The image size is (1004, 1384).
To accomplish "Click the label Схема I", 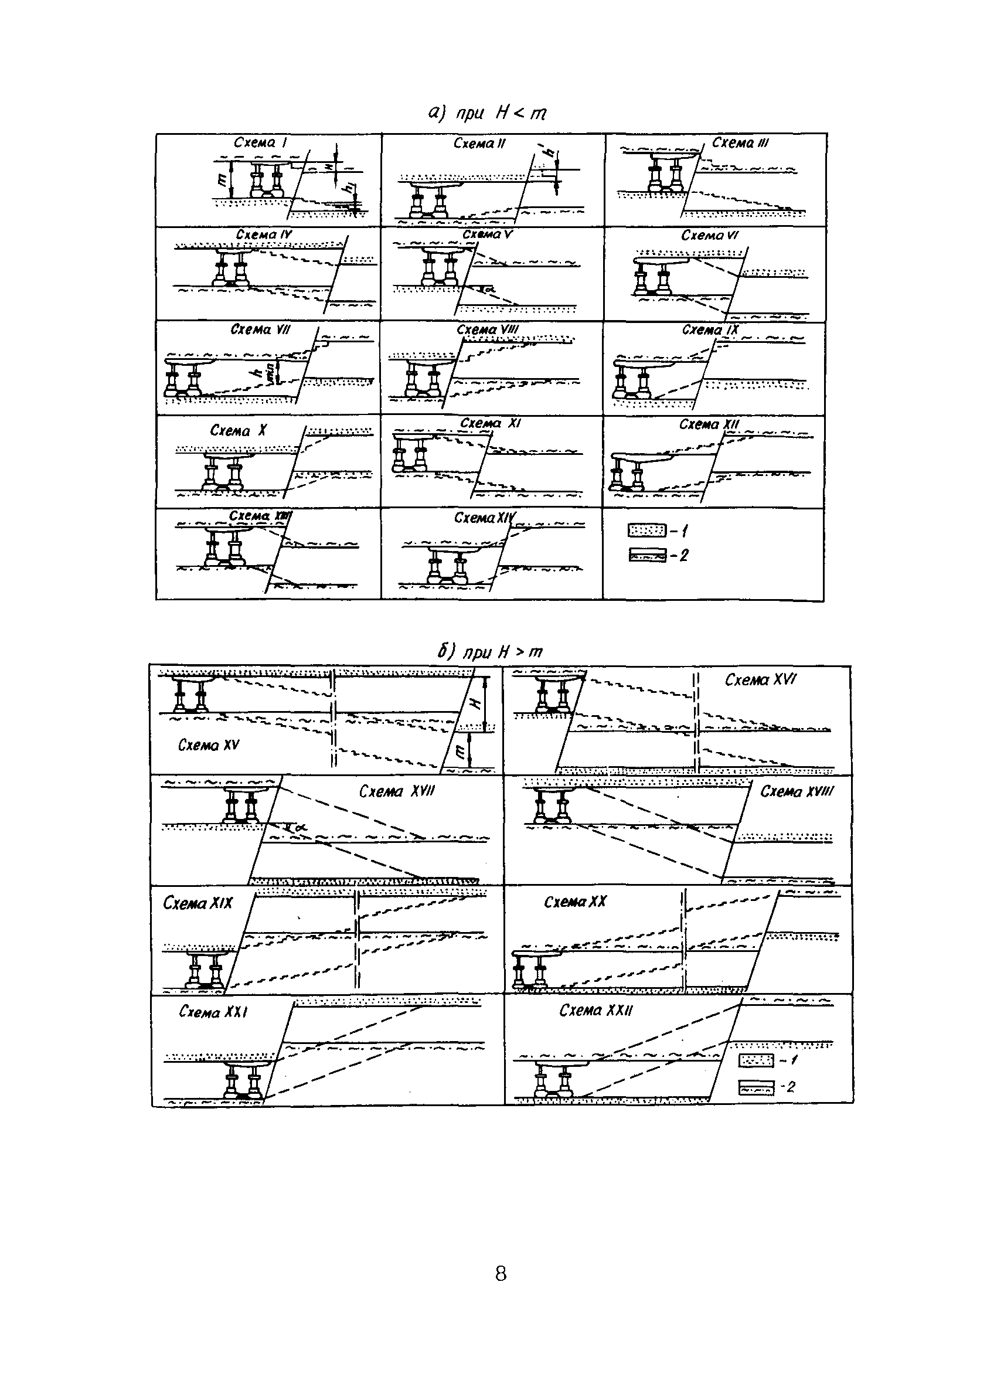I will click(x=260, y=143).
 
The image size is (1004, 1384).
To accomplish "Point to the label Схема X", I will click(x=239, y=431).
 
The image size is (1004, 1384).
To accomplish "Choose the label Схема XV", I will click(x=209, y=745).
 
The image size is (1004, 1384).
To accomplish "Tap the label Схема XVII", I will click(x=396, y=791).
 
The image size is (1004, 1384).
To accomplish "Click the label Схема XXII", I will click(x=596, y=1011).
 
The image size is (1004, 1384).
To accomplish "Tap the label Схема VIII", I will click(x=488, y=330).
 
